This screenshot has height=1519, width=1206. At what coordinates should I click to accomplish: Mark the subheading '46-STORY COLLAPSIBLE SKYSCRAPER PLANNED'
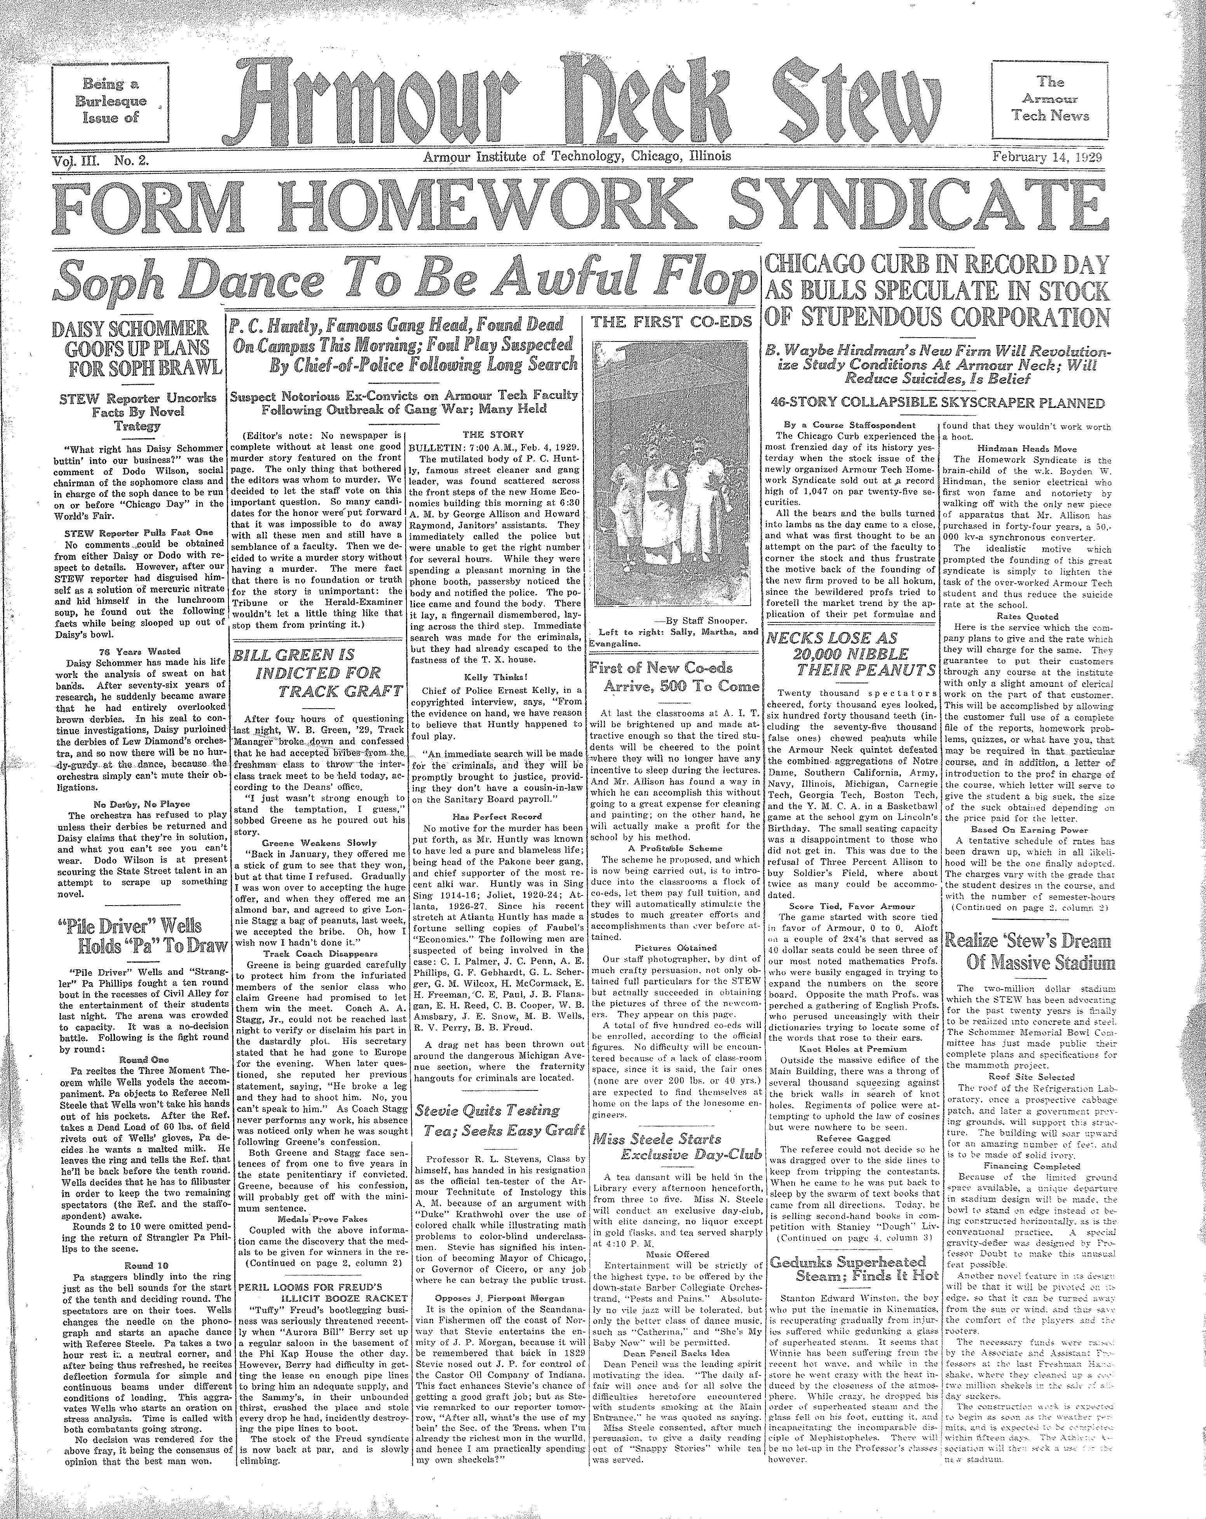click(937, 403)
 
